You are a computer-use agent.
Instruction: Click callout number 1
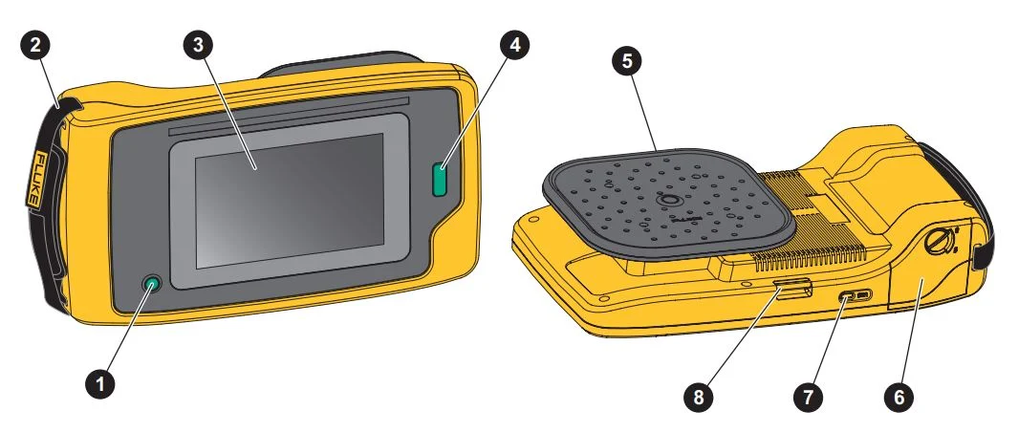99,384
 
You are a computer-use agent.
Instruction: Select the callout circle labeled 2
35,45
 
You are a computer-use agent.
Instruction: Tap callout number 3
198,45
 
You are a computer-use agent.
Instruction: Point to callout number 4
515,45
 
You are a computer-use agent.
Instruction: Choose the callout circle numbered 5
626,61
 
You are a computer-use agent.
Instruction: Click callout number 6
899,396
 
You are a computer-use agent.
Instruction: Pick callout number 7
809,396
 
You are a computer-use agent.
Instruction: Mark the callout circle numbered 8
699,396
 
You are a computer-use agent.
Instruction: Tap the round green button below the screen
152,284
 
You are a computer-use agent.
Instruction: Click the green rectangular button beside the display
441,180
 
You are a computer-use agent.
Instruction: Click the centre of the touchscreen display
290,201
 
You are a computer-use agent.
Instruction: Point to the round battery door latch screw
940,243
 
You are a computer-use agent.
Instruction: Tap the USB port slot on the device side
856,296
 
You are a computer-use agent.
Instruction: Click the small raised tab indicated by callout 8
792,287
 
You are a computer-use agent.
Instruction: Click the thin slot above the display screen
289,115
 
